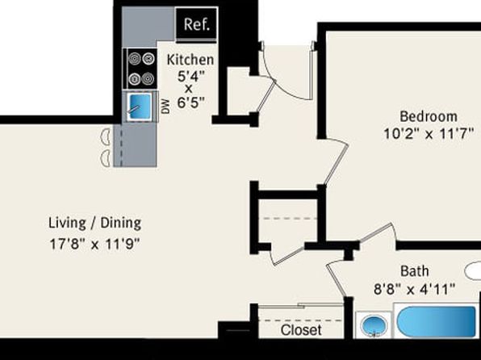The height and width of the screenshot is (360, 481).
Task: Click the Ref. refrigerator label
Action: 197,24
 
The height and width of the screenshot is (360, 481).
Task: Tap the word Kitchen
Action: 190,60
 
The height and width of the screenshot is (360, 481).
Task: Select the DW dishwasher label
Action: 165,107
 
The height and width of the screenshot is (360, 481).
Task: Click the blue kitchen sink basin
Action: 140,106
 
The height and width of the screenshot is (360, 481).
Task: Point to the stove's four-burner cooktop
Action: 140,69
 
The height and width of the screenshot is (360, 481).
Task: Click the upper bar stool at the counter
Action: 106,137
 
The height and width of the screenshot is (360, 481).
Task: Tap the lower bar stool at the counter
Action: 106,158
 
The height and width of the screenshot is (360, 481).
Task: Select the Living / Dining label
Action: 95,223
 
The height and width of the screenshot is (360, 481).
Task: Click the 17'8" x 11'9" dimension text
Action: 94,245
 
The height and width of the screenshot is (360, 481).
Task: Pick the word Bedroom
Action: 429,116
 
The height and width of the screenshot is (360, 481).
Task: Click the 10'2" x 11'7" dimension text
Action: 429,134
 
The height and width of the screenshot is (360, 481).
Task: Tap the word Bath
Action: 415,271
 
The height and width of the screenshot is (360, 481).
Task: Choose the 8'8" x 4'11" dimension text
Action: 415,289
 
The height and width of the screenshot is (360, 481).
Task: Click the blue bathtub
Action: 436,321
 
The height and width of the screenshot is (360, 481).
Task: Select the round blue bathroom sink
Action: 374,325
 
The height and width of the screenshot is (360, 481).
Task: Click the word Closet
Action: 301,330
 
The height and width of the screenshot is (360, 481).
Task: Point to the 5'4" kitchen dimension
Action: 190,76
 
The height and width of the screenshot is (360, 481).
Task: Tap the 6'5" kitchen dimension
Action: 190,103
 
